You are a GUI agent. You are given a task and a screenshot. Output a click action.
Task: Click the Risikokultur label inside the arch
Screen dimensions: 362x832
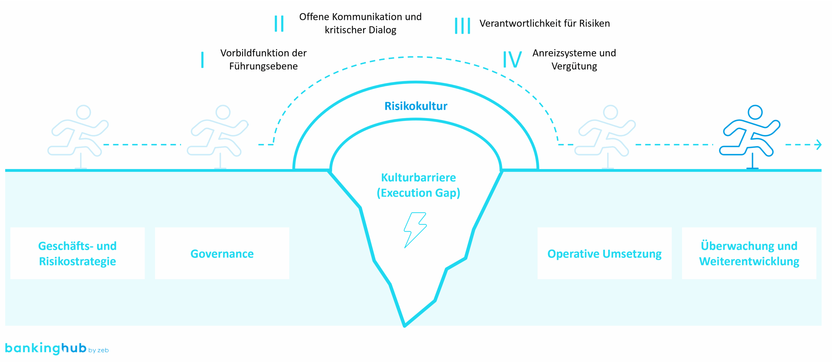(416, 106)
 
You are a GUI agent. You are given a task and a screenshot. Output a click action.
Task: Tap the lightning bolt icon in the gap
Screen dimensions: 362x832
(415, 230)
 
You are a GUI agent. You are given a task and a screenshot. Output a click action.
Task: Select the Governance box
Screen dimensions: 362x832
(222, 253)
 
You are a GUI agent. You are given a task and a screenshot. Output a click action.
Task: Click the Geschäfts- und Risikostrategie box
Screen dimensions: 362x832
(77, 253)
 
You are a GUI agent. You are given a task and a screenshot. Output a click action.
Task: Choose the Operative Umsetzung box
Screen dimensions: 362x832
(604, 253)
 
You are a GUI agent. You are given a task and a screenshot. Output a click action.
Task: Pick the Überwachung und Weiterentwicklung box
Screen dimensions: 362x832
(749, 253)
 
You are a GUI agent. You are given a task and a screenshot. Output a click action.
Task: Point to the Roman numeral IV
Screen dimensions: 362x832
(512, 60)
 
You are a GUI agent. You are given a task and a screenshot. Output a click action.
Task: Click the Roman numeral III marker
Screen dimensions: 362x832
(462, 25)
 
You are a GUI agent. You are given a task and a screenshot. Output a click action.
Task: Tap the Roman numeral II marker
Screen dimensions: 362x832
(279, 23)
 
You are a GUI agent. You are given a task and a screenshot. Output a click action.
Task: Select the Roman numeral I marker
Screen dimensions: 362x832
(202, 60)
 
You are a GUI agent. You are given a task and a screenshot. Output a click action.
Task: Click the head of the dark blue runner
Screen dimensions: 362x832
(755, 112)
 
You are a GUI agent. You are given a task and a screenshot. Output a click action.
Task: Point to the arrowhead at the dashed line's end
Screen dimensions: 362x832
(819, 145)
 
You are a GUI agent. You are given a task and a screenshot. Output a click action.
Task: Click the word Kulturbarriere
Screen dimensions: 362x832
(418, 177)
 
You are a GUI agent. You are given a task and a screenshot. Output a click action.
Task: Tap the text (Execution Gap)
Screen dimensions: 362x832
(418, 193)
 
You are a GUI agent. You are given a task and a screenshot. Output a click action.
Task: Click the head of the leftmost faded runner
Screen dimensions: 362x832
(84, 112)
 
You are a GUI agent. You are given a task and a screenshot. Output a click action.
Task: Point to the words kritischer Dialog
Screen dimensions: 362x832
(360, 30)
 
